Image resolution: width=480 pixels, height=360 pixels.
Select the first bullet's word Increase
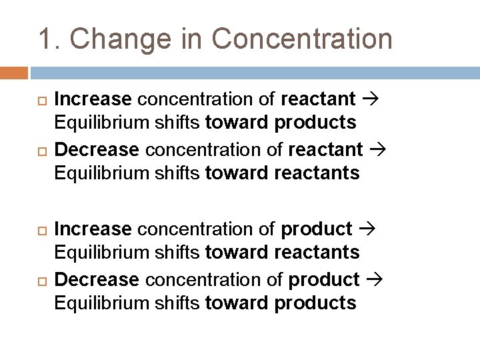click(x=93, y=99)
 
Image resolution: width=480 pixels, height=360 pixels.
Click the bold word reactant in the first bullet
click(x=318, y=99)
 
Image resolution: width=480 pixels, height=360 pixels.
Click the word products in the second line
click(x=315, y=123)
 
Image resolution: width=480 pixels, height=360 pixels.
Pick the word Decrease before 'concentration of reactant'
click(x=96, y=149)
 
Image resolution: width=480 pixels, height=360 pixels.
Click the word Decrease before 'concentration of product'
click(x=96, y=279)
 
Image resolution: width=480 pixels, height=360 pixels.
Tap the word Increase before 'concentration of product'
click(x=93, y=229)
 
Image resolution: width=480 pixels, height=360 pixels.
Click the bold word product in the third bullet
click(x=317, y=229)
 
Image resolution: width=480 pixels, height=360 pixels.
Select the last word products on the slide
click(x=315, y=303)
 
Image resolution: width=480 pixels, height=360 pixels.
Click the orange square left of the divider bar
click(x=14, y=73)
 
